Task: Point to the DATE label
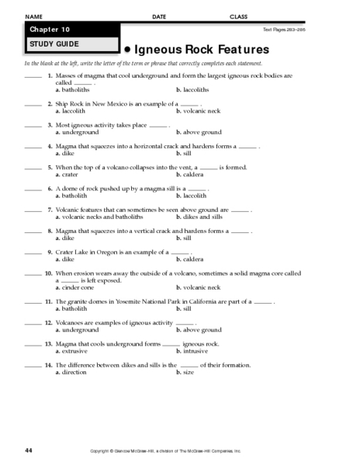(x=159, y=16)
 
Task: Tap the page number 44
(x=28, y=450)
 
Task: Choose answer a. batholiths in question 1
(x=72, y=90)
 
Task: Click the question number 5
(x=49, y=166)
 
